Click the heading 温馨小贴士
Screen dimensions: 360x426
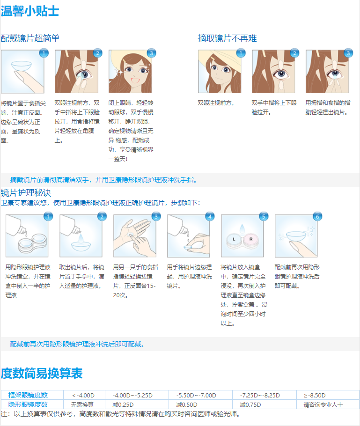click(30, 11)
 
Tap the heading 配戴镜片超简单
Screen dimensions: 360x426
click(30, 38)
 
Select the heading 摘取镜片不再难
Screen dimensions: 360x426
click(227, 38)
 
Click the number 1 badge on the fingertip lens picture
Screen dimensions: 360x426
click(44, 53)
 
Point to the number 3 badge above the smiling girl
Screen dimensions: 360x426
click(151, 53)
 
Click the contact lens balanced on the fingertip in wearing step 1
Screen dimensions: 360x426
click(21, 66)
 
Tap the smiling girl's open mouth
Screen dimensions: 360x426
click(135, 81)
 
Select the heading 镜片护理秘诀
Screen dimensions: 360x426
click(26, 193)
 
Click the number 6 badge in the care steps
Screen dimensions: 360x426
click(317, 217)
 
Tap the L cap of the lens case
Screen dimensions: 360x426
click(234, 239)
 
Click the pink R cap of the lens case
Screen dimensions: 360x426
click(251, 239)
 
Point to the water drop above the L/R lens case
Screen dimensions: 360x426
click(242, 228)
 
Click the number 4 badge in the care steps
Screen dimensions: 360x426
click(210, 217)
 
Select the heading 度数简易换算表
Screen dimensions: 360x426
click(42, 373)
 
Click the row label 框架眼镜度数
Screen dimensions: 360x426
click(28, 395)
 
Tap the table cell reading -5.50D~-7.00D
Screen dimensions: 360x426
click(196, 395)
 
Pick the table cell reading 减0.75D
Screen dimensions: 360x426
click(250, 405)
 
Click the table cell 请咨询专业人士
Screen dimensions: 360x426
click(323, 405)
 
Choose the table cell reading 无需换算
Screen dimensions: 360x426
click(82, 405)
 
